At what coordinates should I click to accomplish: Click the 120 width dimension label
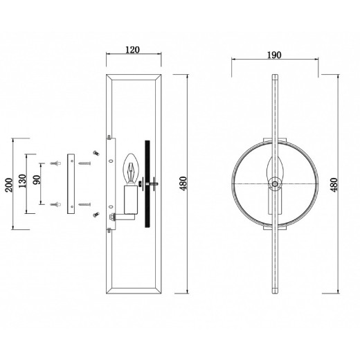(132, 50)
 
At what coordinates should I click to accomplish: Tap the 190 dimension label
(274, 55)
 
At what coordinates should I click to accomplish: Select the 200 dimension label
(9, 185)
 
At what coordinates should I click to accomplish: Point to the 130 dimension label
(23, 181)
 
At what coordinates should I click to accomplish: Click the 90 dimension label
(37, 180)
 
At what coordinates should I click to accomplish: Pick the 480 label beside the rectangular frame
(183, 183)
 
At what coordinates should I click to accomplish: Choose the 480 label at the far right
(334, 185)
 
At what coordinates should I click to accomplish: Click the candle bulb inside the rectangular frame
(131, 168)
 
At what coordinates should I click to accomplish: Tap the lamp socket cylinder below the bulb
(131, 200)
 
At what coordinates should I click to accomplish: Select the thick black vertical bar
(147, 184)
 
